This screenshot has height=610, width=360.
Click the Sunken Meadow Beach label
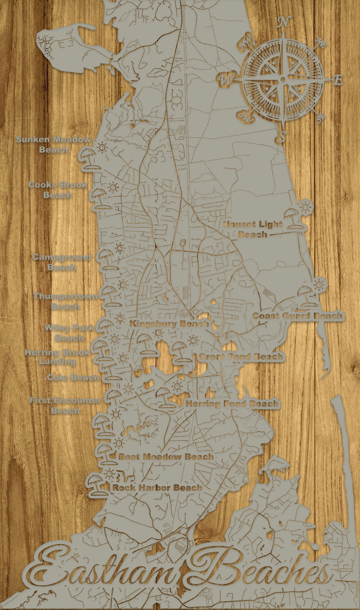pos(53,144)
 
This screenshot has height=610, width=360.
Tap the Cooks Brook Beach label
pos(57,190)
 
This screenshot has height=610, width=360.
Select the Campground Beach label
pos(61,262)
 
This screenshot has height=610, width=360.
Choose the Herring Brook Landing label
pos(57,357)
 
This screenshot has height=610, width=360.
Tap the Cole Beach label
pos(73,377)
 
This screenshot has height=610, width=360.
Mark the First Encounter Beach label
pos(65,405)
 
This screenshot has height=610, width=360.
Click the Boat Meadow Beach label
pos(166,456)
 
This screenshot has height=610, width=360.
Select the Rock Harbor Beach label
pos(157,487)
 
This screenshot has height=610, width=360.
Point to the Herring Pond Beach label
pos(232,403)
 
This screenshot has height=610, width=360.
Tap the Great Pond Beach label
pos(241,357)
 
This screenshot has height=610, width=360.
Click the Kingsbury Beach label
pos(169,324)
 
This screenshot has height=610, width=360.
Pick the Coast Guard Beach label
pos(298,316)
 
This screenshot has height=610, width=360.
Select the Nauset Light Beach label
pos(252,229)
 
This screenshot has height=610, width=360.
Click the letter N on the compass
pos(284,22)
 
